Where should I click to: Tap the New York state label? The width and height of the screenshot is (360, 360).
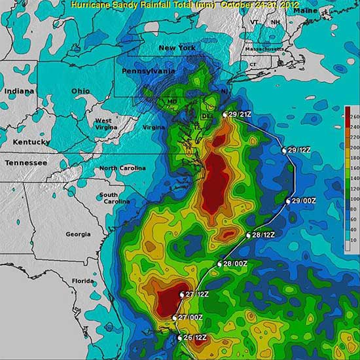[178, 48]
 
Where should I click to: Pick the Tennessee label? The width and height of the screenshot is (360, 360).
[27, 162]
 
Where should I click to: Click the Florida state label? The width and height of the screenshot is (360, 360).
[83, 281]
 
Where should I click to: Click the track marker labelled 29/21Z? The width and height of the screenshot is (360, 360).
[225, 115]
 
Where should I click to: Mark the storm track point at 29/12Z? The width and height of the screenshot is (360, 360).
[285, 151]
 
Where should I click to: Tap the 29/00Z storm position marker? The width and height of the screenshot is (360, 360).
[289, 201]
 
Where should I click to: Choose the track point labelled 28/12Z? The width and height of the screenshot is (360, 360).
[249, 235]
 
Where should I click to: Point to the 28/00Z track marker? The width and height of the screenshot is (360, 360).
[220, 264]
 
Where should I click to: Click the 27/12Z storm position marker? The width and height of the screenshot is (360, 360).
[182, 295]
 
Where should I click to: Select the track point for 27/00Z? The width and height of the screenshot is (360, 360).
[173, 318]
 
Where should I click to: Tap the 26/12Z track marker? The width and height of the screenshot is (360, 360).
[180, 338]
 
